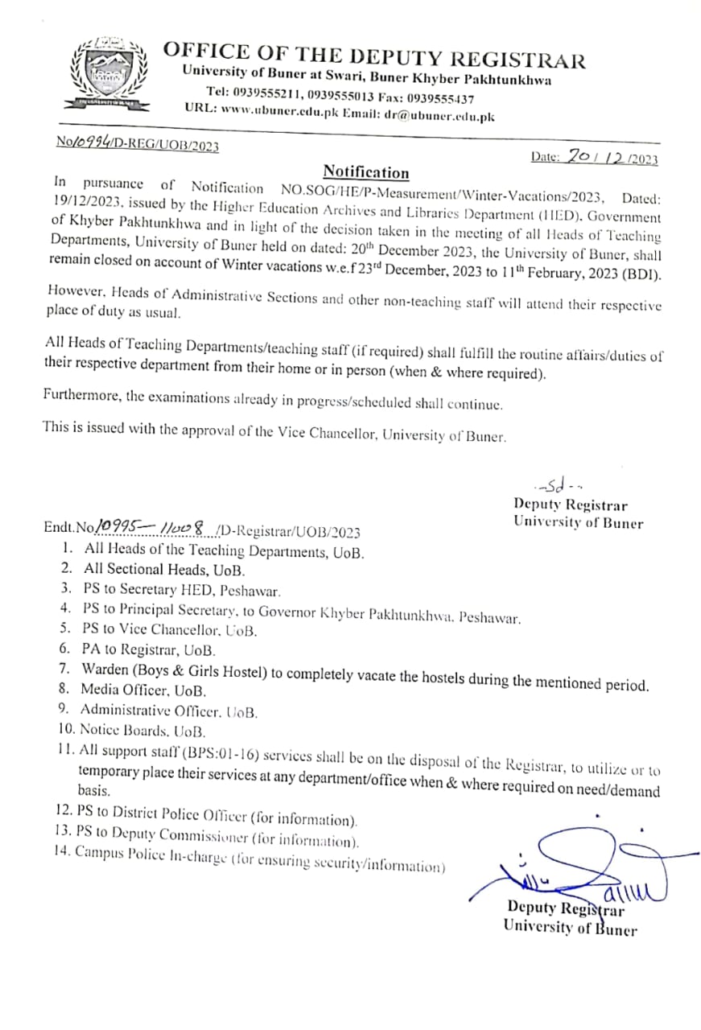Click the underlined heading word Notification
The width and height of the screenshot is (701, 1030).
(365, 172)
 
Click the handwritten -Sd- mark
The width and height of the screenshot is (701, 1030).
(553, 486)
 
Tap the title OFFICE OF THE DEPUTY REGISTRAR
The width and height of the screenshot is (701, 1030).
(374, 56)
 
